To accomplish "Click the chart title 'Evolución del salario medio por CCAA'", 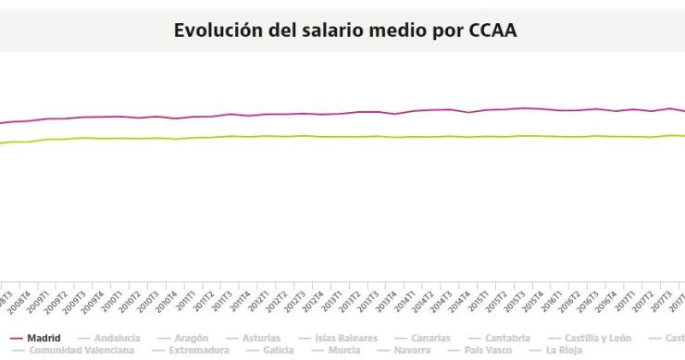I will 345,30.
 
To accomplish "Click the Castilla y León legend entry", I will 593,339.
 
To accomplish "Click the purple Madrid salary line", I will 370,112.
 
